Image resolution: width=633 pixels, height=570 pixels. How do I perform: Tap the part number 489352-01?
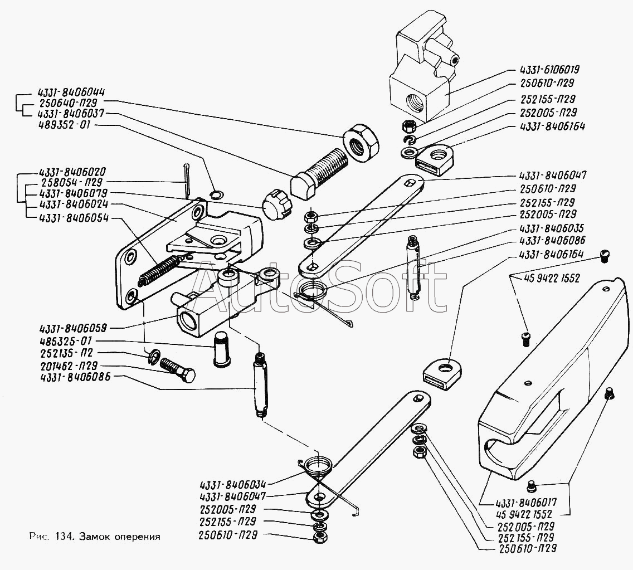(65, 126)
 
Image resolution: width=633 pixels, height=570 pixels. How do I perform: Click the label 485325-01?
(65, 340)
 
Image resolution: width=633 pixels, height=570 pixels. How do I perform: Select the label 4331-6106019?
(549, 70)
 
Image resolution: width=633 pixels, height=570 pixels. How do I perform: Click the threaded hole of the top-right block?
(418, 102)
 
